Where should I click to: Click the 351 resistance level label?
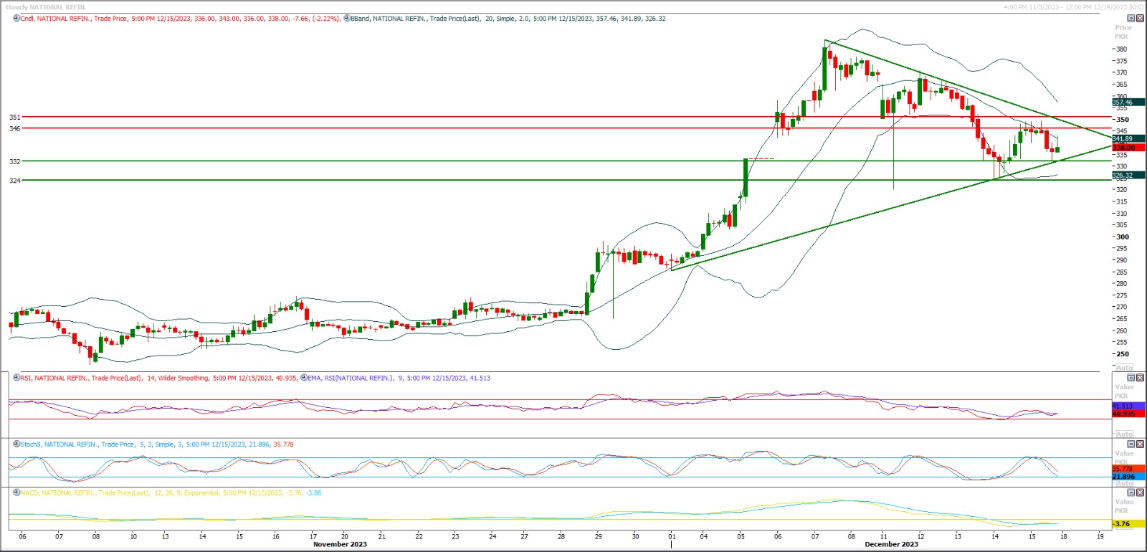tap(14, 117)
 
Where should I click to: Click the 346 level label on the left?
tap(14, 128)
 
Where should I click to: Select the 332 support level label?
tap(14, 161)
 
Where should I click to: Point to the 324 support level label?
tap(14, 181)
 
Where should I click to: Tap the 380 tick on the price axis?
tap(1121, 49)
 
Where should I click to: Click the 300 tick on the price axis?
tap(1121, 237)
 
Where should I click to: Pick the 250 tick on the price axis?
tap(1121, 354)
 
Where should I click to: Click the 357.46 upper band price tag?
tap(1123, 103)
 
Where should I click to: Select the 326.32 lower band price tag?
tap(1123, 175)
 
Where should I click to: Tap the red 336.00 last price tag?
tap(1123, 148)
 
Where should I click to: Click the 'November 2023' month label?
tap(340, 544)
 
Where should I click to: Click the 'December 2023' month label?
tap(891, 544)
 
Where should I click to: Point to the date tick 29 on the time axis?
tap(598, 536)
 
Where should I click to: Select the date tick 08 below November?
tap(95, 536)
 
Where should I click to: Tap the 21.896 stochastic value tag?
tap(1123, 477)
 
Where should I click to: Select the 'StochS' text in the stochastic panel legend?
tap(30, 444)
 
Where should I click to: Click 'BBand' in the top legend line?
tap(360, 19)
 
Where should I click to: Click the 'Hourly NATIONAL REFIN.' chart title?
tap(46, 7)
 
